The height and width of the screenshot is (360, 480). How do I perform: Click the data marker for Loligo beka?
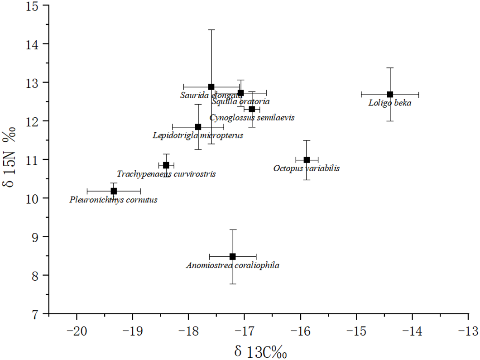(x=390, y=94)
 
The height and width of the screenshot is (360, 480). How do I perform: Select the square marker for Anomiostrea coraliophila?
(x=233, y=256)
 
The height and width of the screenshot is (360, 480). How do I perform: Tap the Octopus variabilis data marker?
(x=307, y=159)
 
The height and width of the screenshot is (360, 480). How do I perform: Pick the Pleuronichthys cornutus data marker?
(x=114, y=191)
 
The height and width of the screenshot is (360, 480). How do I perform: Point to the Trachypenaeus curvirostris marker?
(x=166, y=165)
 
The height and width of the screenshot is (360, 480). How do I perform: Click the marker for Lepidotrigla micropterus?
(x=198, y=127)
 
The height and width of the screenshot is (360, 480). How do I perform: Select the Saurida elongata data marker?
(x=211, y=86)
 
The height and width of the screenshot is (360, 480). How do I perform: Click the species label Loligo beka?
(x=390, y=103)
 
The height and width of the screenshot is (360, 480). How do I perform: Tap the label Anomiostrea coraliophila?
(x=233, y=265)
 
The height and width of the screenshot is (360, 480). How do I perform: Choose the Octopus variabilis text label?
(x=307, y=168)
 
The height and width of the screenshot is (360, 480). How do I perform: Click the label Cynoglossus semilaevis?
(x=252, y=118)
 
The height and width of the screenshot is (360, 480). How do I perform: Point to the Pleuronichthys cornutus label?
(x=114, y=200)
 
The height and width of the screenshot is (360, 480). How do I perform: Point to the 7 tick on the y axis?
(x=41, y=313)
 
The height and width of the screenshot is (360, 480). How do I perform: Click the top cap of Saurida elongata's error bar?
(x=211, y=29)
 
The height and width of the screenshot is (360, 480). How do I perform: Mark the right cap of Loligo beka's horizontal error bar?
(x=418, y=94)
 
